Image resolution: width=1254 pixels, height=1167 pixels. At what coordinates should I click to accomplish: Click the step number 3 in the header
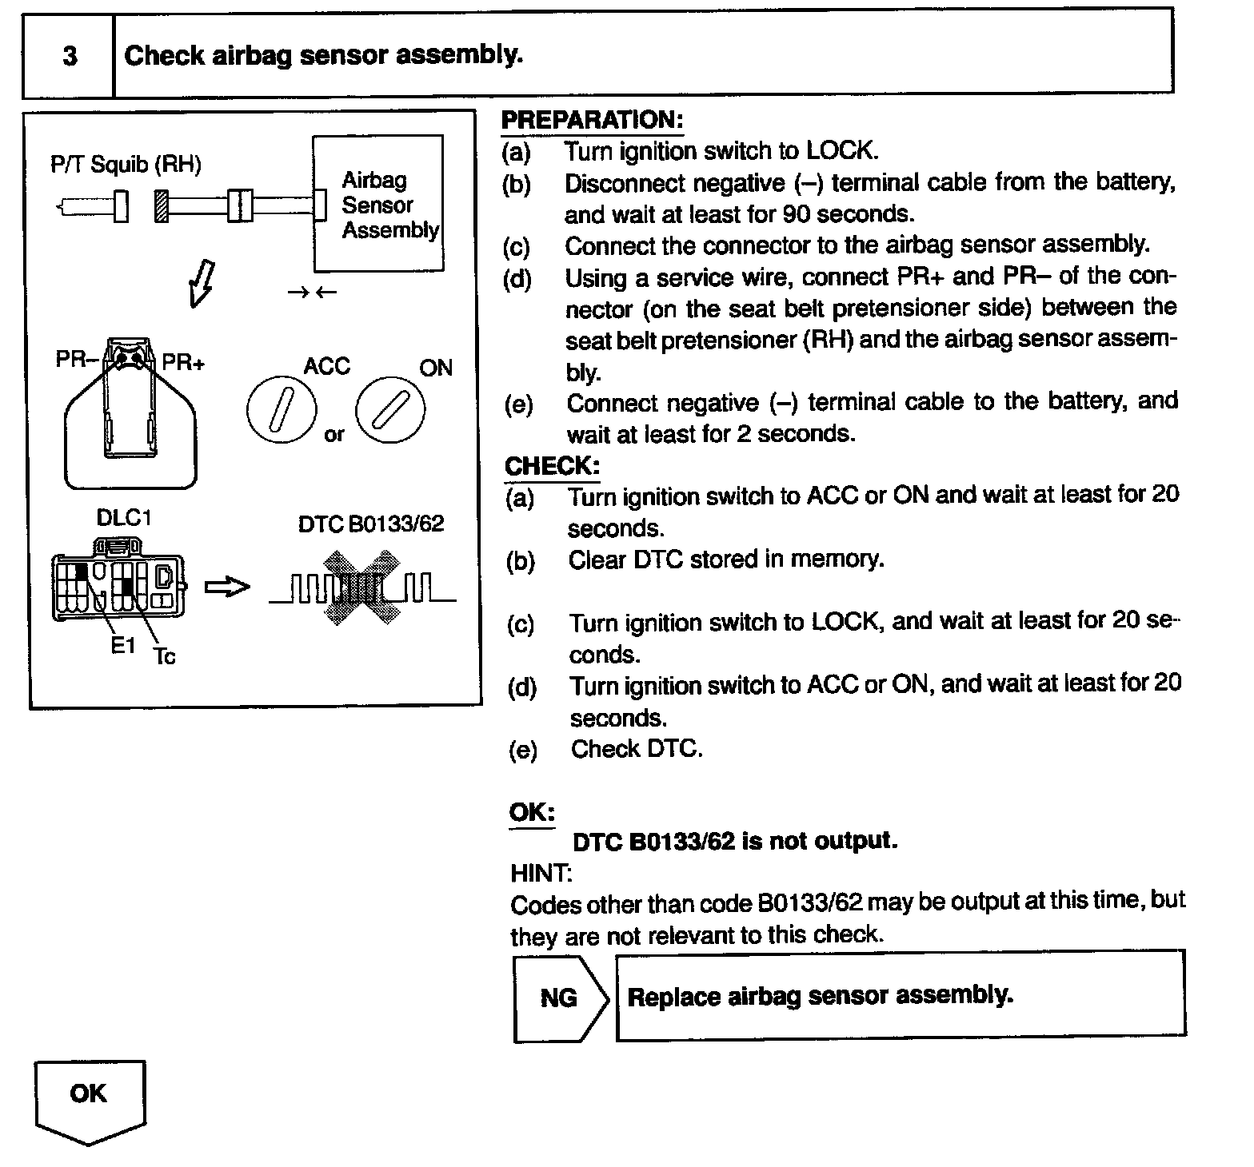coord(70,56)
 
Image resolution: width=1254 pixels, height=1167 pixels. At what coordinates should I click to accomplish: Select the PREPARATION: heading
coord(592,120)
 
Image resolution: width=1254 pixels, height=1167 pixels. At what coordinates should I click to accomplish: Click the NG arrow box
coord(560,998)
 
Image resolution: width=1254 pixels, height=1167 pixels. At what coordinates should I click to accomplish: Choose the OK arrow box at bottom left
coord(90,1099)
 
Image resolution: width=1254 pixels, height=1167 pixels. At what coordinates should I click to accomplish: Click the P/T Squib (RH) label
coord(126,165)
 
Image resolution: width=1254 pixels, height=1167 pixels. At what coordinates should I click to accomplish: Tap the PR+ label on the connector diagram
coord(183,363)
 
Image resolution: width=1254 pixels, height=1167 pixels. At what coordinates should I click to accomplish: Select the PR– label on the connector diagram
coord(76,360)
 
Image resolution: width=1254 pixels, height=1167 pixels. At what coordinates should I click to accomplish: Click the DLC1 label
coord(123,518)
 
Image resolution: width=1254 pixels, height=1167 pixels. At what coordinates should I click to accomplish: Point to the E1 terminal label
coord(123,645)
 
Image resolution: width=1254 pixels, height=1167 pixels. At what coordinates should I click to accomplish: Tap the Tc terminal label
coord(164,656)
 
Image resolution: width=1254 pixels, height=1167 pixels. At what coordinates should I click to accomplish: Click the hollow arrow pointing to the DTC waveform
coord(227,587)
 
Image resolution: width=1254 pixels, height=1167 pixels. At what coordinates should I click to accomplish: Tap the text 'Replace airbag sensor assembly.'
coord(820,996)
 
